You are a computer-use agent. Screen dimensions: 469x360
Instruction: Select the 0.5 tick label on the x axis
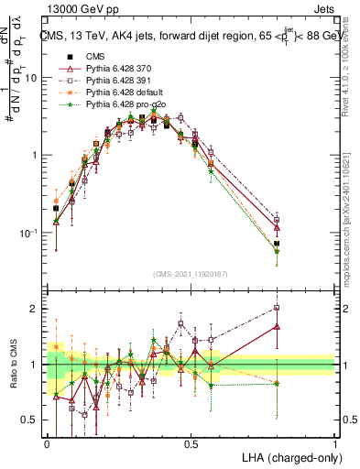191,443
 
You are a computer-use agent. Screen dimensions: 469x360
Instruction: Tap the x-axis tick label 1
335,443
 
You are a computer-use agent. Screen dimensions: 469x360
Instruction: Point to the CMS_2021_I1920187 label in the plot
191,273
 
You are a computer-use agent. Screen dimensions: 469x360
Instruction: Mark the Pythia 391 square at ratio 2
277,308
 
